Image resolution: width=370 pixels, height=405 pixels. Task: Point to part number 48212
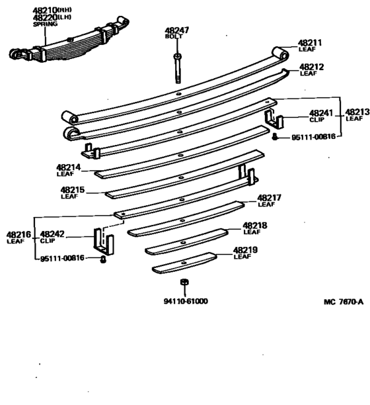click(x=311, y=67)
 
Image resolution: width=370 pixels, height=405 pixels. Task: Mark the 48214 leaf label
click(x=68, y=168)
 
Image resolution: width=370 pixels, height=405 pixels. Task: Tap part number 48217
click(x=270, y=197)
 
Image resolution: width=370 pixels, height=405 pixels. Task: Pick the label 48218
click(x=255, y=225)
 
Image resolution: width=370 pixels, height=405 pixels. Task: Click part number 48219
click(x=244, y=250)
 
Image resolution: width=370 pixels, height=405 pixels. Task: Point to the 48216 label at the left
click(x=18, y=234)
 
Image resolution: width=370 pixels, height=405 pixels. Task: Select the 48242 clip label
click(x=53, y=234)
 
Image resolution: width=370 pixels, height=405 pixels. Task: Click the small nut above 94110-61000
click(x=186, y=283)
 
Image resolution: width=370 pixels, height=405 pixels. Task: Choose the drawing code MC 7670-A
click(x=344, y=301)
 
